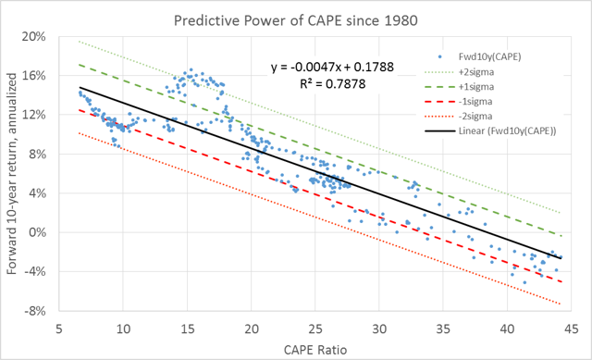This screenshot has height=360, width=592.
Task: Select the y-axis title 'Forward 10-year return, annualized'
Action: click(x=11, y=174)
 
